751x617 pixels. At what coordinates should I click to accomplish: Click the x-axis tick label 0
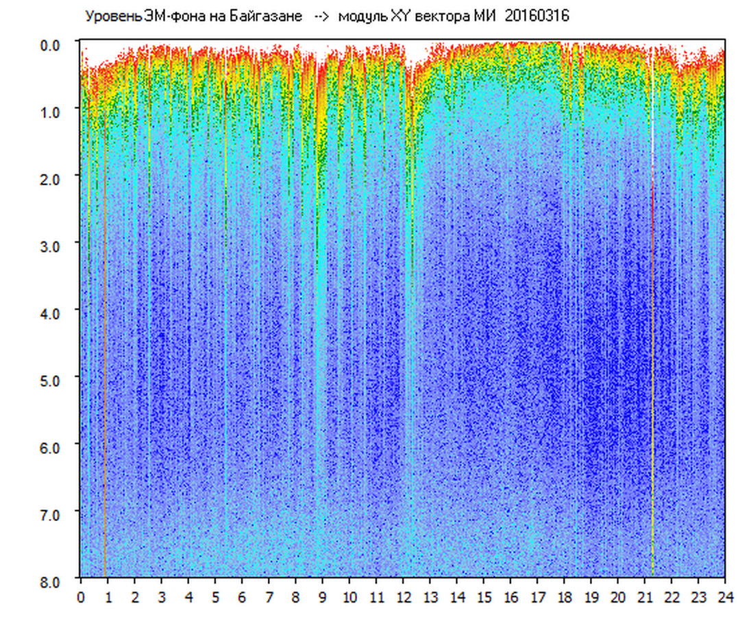pos(81,598)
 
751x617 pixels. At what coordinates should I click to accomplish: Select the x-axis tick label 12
pos(404,598)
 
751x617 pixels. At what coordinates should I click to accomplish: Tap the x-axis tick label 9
pos(323,598)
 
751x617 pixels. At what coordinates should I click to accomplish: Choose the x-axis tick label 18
pos(565,598)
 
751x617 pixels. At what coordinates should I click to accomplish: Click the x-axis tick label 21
pos(645,598)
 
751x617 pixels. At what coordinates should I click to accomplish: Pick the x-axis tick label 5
pos(215,598)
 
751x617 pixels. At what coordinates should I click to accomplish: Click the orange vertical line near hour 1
pos(105,343)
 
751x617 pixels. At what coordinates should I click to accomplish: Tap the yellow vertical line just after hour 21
pos(652,343)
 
